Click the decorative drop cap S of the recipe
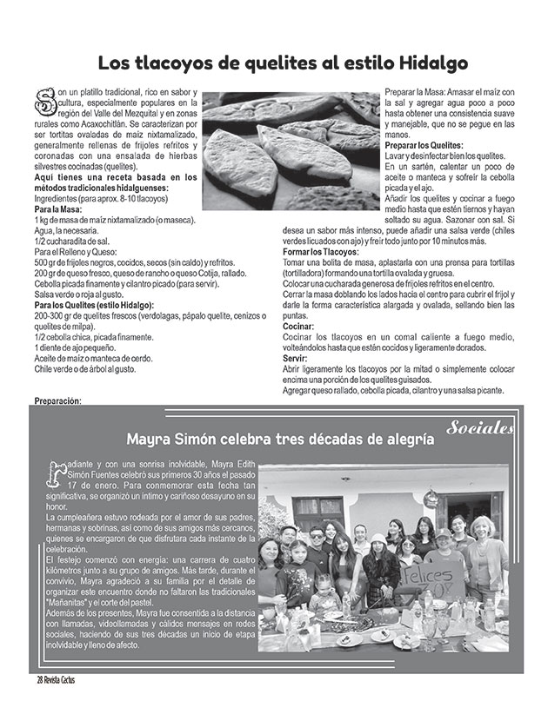[41, 101]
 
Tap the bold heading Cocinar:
[300, 325]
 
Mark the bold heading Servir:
[296, 357]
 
